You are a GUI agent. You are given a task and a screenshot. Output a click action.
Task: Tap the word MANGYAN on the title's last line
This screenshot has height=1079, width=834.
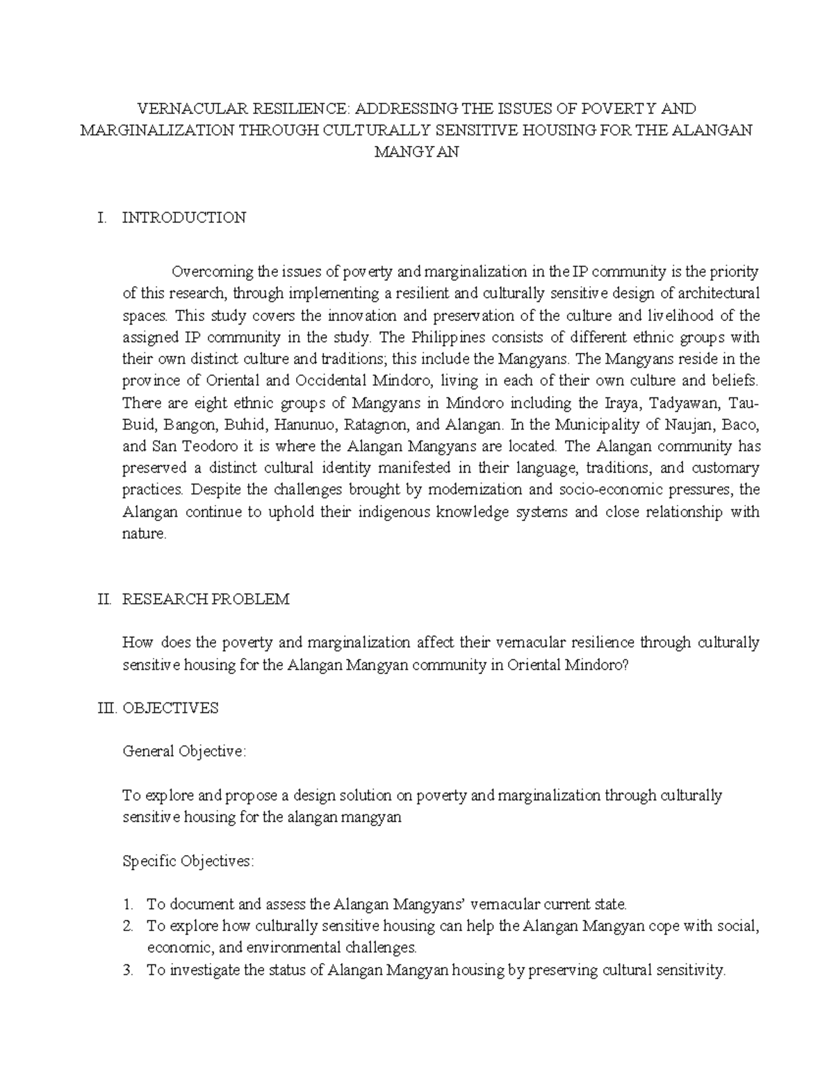(x=416, y=153)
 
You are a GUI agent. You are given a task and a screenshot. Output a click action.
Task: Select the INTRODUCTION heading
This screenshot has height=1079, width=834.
(x=183, y=217)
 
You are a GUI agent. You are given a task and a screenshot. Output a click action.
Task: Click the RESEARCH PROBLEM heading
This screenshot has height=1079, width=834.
(x=206, y=599)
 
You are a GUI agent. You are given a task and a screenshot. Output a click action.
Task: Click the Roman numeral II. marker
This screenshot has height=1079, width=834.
(x=104, y=599)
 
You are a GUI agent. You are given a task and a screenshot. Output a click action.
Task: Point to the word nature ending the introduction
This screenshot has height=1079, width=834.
(x=143, y=534)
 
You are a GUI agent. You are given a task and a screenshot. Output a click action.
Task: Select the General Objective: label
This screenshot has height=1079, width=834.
(x=184, y=752)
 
